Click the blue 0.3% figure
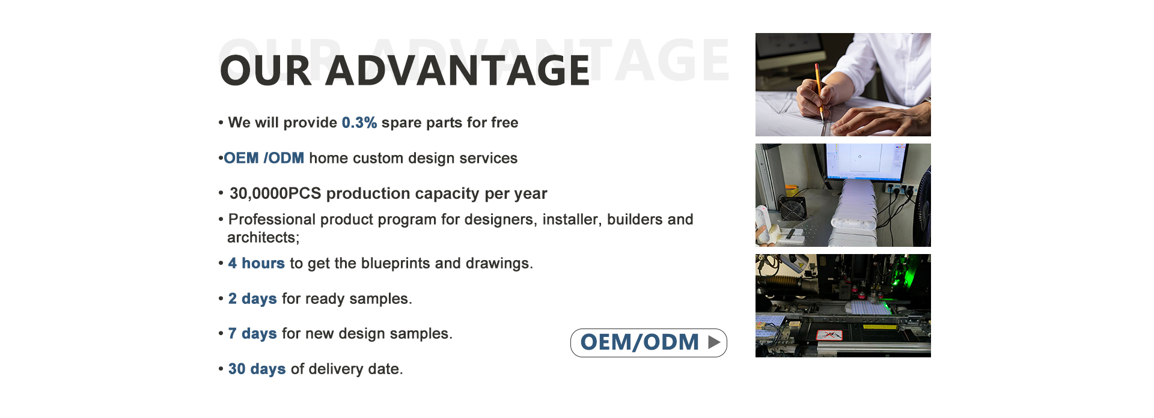[x=359, y=123]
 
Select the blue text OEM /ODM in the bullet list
[x=264, y=158]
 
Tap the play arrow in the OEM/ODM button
[x=714, y=342]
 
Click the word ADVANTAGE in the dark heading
[x=457, y=70]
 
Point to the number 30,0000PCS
[x=275, y=193]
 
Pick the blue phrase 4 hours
[x=256, y=263]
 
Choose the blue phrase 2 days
[x=252, y=298]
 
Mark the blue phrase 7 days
[x=252, y=333]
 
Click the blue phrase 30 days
[x=257, y=369]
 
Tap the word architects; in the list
[x=263, y=238]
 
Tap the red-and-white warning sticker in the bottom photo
[x=829, y=336]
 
